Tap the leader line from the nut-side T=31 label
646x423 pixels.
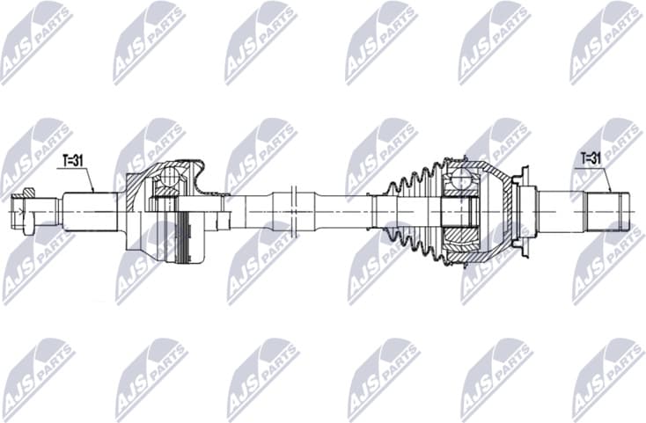tap(89, 179)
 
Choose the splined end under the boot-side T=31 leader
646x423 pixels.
tap(608, 211)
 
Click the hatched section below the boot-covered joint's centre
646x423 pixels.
tap(459, 237)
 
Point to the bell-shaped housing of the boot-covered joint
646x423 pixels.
tap(493, 211)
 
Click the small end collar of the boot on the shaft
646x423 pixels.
tap(380, 211)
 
